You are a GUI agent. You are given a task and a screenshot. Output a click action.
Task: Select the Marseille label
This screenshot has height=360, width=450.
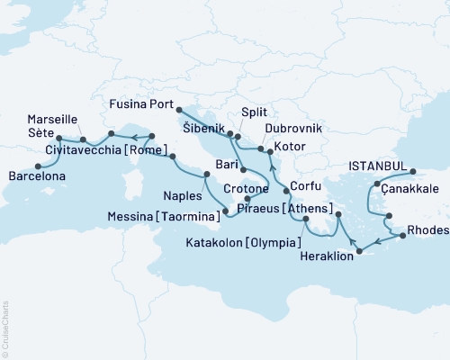click(52, 119)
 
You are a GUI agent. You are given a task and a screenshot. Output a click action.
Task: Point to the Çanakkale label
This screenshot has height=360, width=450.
click(409, 189)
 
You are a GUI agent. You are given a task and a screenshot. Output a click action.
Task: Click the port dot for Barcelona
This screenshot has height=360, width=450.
click(37, 166)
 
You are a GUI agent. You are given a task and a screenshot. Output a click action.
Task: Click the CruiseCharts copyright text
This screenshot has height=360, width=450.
click(6, 328)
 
